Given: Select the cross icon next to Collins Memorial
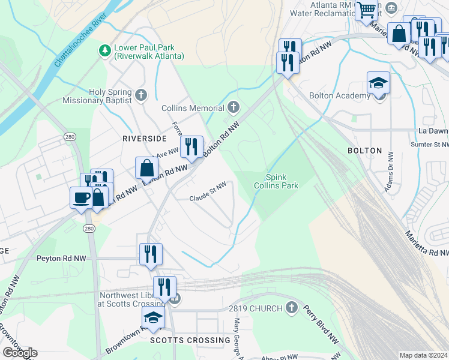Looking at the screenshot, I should click(234, 108).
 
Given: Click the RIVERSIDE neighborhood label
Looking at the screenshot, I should click(143, 137).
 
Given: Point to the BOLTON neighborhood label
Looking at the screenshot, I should click(364, 150).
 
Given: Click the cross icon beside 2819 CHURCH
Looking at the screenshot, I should click(292, 308).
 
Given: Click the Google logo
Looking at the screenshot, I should click(19, 353).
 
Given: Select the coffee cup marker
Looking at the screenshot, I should click(81, 197).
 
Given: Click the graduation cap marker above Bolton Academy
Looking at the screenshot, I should click(378, 82).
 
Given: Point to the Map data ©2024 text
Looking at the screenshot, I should click(423, 355).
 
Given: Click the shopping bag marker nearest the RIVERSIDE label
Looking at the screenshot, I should click(147, 167).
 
